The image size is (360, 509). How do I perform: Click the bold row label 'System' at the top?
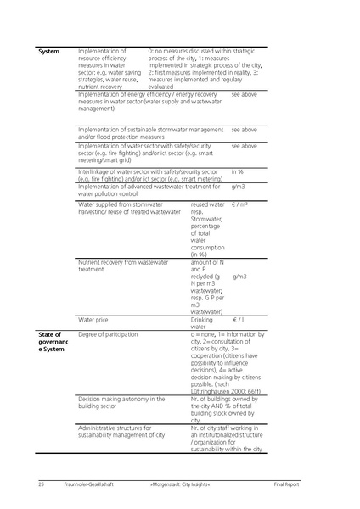(49, 53)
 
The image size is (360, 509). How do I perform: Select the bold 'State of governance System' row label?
(52, 342)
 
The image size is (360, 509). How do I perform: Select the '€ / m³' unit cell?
(242, 205)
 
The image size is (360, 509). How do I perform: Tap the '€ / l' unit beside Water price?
(241, 321)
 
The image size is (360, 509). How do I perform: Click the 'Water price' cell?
(93, 321)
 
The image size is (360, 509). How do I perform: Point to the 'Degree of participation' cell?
(108, 335)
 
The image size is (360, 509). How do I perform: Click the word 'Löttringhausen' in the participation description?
(212, 389)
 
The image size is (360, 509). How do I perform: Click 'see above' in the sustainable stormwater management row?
(245, 130)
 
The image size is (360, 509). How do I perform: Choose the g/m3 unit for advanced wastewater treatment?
(239, 187)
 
